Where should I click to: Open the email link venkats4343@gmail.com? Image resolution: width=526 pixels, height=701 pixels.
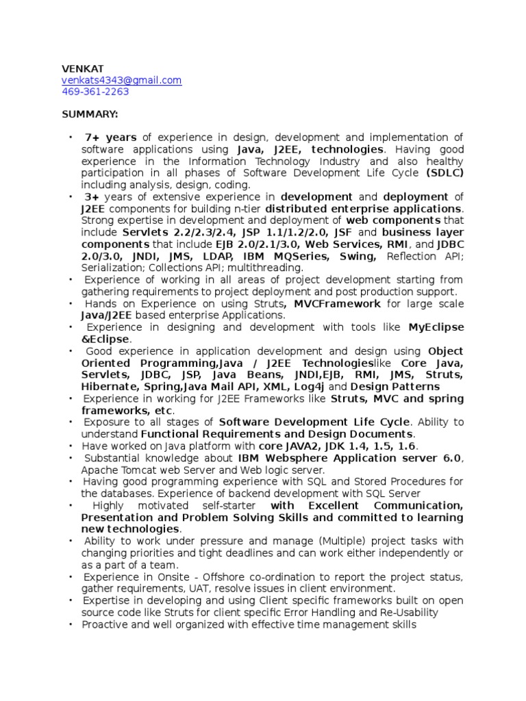point(122,80)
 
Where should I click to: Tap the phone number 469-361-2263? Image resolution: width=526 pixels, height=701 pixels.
point(95,92)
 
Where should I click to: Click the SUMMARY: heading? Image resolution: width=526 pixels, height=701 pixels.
point(90,113)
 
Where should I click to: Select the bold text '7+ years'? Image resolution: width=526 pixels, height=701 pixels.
point(111,137)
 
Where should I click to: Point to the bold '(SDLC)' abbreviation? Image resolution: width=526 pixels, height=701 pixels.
point(444,173)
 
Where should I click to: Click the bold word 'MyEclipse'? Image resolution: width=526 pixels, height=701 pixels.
point(436,327)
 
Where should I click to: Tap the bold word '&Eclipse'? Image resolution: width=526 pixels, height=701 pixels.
point(105,339)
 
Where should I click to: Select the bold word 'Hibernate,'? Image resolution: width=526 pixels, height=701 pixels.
point(110,387)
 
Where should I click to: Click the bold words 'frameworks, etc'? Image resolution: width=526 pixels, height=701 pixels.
point(127,410)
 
